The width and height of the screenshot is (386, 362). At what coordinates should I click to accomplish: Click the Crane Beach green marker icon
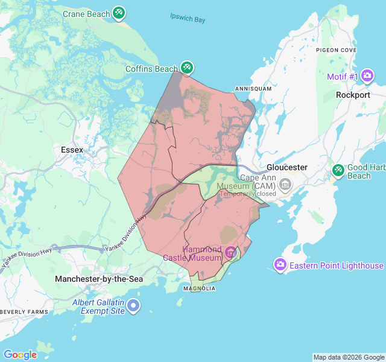[119, 13]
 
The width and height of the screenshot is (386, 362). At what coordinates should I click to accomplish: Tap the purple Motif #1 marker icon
[367, 77]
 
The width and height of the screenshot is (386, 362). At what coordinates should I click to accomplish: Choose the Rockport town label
[353, 95]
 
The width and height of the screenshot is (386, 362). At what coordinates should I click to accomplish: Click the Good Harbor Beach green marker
[338, 171]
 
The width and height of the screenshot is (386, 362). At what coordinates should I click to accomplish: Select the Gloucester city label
[287, 167]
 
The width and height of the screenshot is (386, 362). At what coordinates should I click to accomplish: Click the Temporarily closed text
[247, 194]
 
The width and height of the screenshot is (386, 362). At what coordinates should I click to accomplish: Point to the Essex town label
[72, 149]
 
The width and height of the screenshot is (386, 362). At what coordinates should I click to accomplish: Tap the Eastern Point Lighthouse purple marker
[280, 264]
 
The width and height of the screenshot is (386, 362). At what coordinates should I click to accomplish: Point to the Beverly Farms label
[24, 311]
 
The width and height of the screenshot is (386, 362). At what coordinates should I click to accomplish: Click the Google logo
[20, 354]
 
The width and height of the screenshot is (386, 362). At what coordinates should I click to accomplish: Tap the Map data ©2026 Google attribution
[348, 357]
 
